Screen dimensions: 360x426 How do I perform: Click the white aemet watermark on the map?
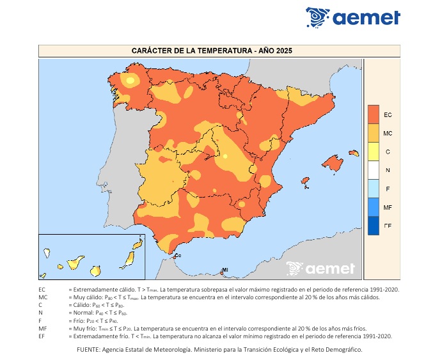(320, 269)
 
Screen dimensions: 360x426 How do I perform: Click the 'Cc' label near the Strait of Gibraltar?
(178, 256)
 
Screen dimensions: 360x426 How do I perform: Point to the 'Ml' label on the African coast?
(225, 270)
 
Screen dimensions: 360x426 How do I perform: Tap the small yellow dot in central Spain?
(225, 155)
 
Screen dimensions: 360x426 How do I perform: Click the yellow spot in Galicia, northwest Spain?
(130, 81)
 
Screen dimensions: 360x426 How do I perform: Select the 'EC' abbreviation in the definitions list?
(42, 290)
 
